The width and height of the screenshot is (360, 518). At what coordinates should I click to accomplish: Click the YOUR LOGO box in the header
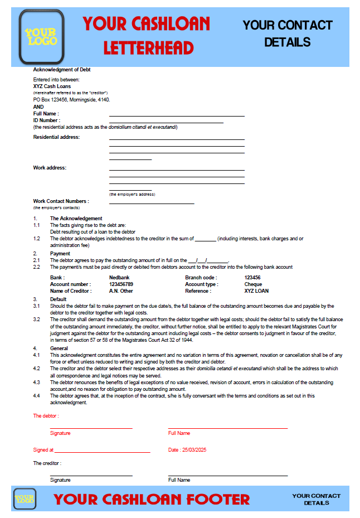(x=41, y=37)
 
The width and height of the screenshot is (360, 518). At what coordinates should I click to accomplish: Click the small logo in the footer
(x=25, y=498)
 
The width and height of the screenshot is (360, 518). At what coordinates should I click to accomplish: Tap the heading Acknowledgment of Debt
(x=62, y=70)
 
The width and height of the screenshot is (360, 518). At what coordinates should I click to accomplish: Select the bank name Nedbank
(x=119, y=277)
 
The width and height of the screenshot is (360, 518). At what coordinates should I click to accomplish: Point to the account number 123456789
(x=121, y=284)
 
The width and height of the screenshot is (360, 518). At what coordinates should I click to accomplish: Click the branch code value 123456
(x=252, y=277)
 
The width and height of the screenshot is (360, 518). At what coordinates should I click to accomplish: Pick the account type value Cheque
(x=253, y=284)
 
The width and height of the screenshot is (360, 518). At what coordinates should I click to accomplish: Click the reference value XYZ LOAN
(x=256, y=291)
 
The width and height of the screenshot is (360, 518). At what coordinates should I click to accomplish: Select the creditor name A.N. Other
(x=121, y=291)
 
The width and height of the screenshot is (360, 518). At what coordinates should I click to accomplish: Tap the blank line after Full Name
(x=177, y=115)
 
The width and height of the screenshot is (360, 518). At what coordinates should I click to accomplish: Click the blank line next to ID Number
(x=166, y=122)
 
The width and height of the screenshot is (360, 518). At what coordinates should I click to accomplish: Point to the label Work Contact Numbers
(x=61, y=201)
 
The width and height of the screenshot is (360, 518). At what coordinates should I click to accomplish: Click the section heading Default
(x=59, y=299)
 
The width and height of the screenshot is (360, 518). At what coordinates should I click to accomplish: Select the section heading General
(x=59, y=348)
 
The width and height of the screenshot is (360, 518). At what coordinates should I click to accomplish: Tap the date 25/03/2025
(x=194, y=449)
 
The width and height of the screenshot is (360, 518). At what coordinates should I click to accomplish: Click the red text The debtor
(x=46, y=416)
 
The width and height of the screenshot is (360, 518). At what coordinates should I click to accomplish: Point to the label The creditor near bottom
(x=47, y=463)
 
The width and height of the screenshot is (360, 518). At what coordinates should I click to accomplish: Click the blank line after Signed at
(x=103, y=451)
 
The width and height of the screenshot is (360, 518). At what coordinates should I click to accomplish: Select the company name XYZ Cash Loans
(x=52, y=86)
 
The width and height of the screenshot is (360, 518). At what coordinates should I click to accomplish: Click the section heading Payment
(x=60, y=253)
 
